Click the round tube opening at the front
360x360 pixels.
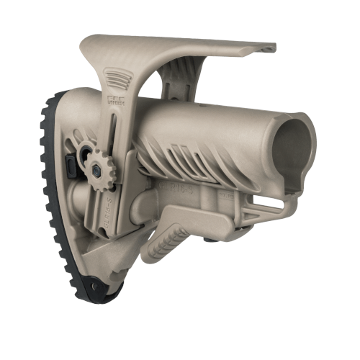pos(288,141)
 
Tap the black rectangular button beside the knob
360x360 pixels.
pos(71,168)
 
